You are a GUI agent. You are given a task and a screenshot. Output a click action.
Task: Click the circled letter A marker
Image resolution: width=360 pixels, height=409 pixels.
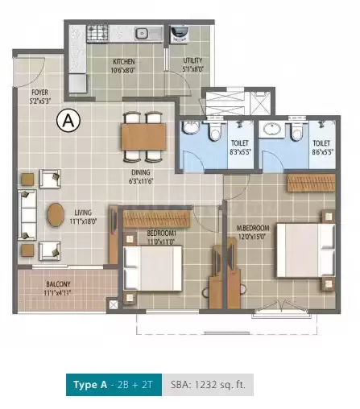(x=69, y=122)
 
